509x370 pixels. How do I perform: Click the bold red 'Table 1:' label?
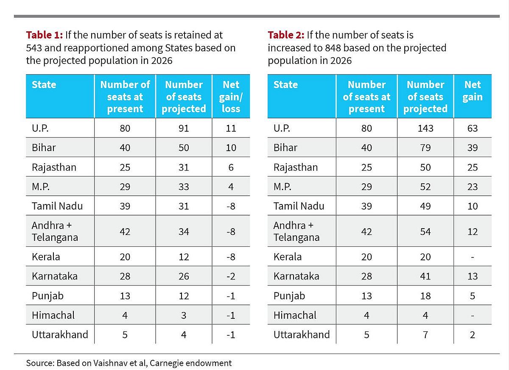click(44, 35)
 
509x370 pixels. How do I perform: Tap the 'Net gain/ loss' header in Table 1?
click(231, 97)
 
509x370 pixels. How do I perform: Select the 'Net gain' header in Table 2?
click(473, 91)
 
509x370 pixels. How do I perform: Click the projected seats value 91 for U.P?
click(184, 128)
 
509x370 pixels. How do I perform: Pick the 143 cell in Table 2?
click(425, 128)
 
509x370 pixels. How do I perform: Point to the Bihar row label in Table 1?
click(44, 147)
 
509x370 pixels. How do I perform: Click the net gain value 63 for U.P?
click(473, 128)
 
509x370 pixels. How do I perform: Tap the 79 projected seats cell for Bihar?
click(425, 147)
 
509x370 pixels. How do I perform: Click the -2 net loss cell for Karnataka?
click(231, 276)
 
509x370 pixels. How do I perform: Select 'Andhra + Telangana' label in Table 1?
click(55, 231)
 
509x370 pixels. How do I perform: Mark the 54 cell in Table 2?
click(425, 232)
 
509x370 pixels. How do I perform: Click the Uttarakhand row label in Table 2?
click(301, 334)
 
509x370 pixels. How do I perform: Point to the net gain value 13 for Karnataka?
click(473, 276)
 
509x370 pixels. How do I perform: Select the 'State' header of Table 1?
click(44, 84)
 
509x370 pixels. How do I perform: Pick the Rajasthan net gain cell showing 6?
click(231, 167)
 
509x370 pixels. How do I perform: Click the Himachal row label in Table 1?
click(53, 315)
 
